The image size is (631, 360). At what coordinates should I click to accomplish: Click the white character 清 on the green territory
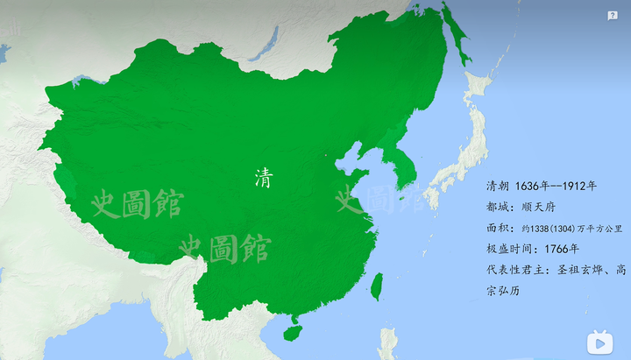(x=263, y=179)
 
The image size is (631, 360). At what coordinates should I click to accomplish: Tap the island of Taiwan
(x=377, y=286)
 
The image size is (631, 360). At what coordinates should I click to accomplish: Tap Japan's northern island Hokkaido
(x=479, y=88)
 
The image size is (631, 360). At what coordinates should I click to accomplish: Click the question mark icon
(x=613, y=15)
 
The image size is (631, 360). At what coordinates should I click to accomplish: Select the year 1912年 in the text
(x=579, y=187)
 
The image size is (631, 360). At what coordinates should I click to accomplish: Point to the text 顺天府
(x=538, y=208)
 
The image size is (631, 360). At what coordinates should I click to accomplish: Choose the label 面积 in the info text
(x=497, y=228)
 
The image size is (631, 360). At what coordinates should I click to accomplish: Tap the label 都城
(x=497, y=208)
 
